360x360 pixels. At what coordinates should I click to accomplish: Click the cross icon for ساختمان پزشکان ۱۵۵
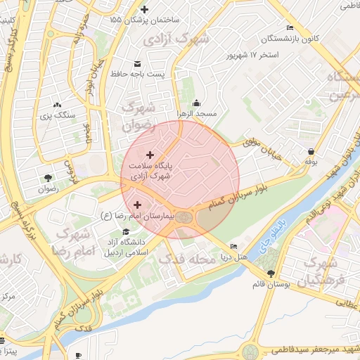[x=145, y=9]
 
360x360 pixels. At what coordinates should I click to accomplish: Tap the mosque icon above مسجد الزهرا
[x=196, y=103]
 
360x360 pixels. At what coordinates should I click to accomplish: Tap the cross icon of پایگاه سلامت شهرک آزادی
[x=149, y=154]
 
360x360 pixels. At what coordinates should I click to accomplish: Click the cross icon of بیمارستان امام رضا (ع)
[x=136, y=204]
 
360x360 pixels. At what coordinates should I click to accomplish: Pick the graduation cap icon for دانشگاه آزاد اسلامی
[x=125, y=231]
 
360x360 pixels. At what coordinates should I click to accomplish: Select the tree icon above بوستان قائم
[x=271, y=274]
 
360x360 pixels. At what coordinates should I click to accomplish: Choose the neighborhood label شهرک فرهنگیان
[x=323, y=273]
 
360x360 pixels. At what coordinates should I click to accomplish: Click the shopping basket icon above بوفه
[x=311, y=150]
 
